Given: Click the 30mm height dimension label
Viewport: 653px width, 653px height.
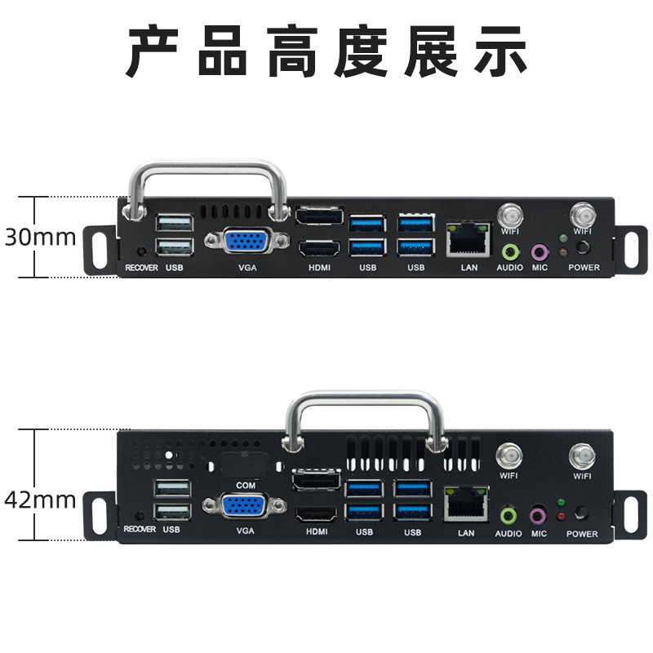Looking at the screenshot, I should point(40,238).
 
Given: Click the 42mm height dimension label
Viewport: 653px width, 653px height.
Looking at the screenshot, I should point(40,499).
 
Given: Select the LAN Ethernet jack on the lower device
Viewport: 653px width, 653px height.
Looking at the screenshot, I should point(465,504).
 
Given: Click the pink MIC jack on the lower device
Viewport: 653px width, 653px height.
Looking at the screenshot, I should point(538,516).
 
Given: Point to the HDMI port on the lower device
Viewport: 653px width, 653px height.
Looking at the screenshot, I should point(316,515).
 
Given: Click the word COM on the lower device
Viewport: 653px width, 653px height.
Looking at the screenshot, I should point(245,485).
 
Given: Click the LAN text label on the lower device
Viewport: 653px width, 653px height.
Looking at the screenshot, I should point(466,534).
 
